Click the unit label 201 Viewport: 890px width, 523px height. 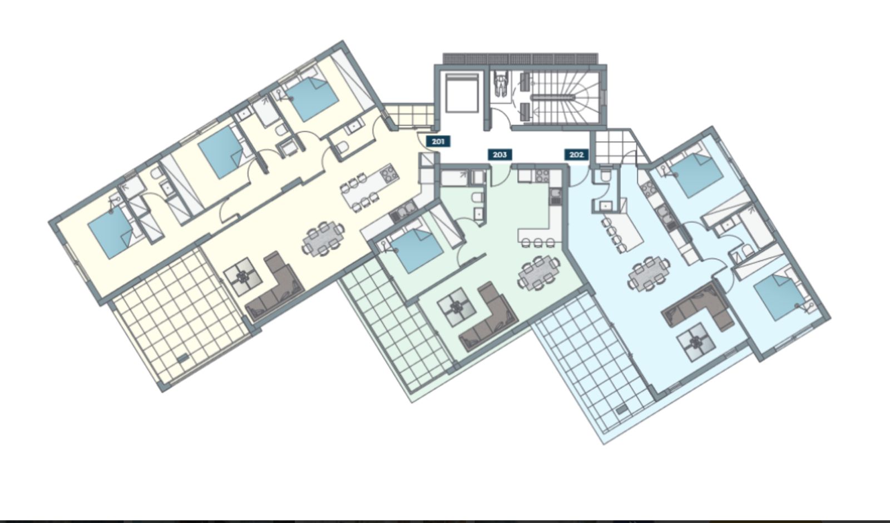pyautogui.click(x=438, y=141)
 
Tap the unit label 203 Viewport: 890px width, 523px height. pyautogui.click(x=500, y=155)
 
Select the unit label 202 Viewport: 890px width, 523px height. pyautogui.click(x=576, y=155)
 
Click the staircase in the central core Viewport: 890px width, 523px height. pyautogui.click(x=560, y=97)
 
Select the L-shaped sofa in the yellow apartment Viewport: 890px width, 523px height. pyautogui.click(x=275, y=286)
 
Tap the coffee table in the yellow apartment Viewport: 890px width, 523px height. pyautogui.click(x=243, y=277)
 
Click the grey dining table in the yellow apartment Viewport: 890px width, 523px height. pyautogui.click(x=323, y=238)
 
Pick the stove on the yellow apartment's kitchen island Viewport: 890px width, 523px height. pyautogui.click(x=389, y=173)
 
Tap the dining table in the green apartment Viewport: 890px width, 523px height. pyautogui.click(x=539, y=272)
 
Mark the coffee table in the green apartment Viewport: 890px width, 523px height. pyautogui.click(x=457, y=307)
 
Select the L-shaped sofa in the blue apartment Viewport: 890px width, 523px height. pyautogui.click(x=698, y=306)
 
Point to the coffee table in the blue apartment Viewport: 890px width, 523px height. pyautogui.click(x=696, y=342)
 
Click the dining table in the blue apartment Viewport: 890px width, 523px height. pyautogui.click(x=649, y=274)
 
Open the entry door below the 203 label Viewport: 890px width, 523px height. pyautogui.click(x=501, y=175)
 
